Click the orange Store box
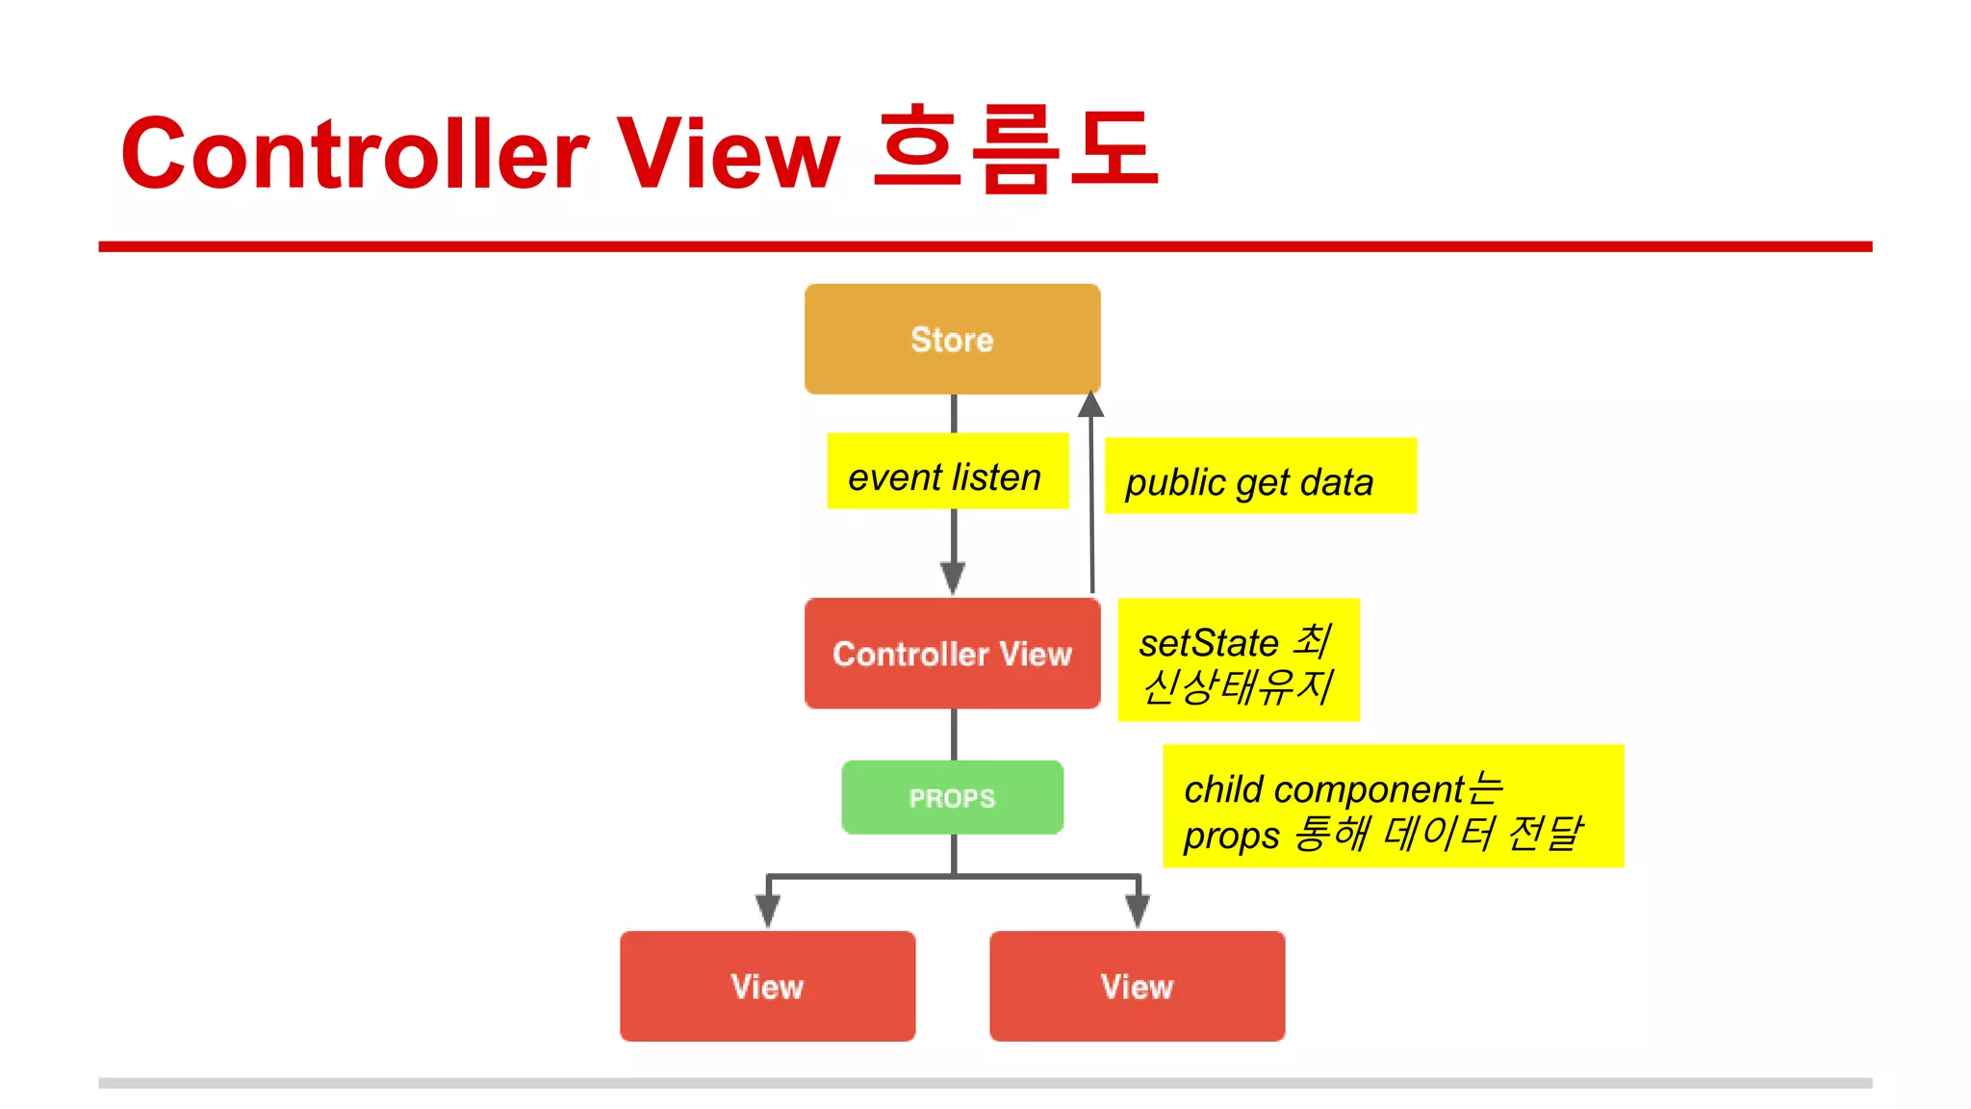tap(952, 339)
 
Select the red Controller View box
tap(952, 654)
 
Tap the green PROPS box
tap(952, 797)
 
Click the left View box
tap(767, 986)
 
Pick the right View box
tap(1137, 986)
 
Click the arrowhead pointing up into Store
tap(1090, 404)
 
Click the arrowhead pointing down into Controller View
tap(953, 578)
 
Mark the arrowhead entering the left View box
tap(767, 910)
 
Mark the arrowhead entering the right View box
tap(1138, 910)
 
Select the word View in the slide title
tap(728, 154)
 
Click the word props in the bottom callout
tap(1231, 836)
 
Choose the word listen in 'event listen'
tap(996, 477)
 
